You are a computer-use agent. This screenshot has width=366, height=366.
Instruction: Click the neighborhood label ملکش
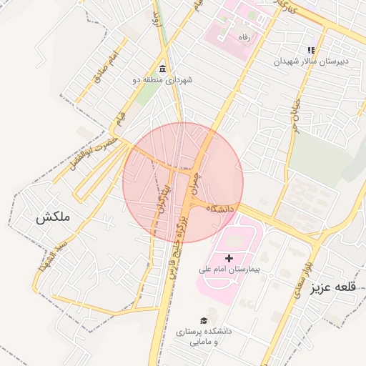(53, 217)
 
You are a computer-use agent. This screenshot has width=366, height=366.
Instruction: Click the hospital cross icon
(229, 257)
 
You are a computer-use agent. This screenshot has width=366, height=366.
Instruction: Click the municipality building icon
(162, 69)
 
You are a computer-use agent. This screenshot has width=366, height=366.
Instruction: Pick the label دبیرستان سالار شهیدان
(311, 61)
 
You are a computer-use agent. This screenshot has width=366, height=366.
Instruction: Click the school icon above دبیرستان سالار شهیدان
(311, 50)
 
